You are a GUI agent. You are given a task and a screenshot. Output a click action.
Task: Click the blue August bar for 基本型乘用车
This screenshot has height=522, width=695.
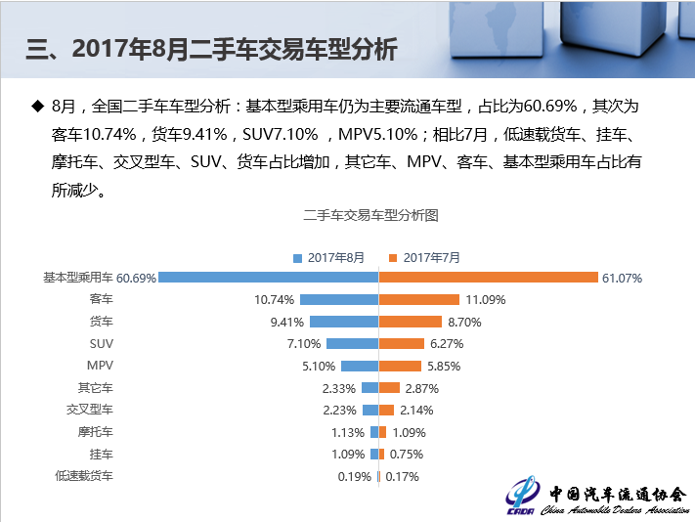pos(268,278)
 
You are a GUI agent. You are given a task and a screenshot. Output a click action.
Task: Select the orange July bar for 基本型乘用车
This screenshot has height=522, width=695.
pos(488,278)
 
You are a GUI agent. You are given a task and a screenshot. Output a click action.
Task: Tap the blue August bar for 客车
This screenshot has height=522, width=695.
pos(339,299)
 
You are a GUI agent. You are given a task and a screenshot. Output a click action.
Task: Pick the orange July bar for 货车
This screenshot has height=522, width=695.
pos(413,322)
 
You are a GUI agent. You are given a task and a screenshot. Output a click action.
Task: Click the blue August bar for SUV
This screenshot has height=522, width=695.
pos(352,344)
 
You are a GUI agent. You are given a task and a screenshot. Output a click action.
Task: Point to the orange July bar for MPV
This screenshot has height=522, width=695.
pos(401,366)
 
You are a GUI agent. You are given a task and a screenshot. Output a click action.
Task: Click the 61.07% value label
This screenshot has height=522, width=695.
pos(622,279)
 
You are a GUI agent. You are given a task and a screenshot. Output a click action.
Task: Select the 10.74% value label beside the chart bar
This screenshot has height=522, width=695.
pos(274,299)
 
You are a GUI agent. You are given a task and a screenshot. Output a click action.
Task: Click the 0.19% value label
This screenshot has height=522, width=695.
pos(353,477)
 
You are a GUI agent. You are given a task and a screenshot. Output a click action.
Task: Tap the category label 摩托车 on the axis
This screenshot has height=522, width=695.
pos(96,432)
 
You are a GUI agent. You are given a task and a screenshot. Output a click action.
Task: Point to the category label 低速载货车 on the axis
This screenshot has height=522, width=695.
pos(84,476)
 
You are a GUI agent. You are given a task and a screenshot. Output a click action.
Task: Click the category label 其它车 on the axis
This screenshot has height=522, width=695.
pos(96,388)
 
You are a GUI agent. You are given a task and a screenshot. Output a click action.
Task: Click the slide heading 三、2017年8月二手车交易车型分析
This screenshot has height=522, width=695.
pos(211,50)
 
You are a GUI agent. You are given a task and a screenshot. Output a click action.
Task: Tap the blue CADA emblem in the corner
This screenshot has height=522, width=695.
pos(522,497)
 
